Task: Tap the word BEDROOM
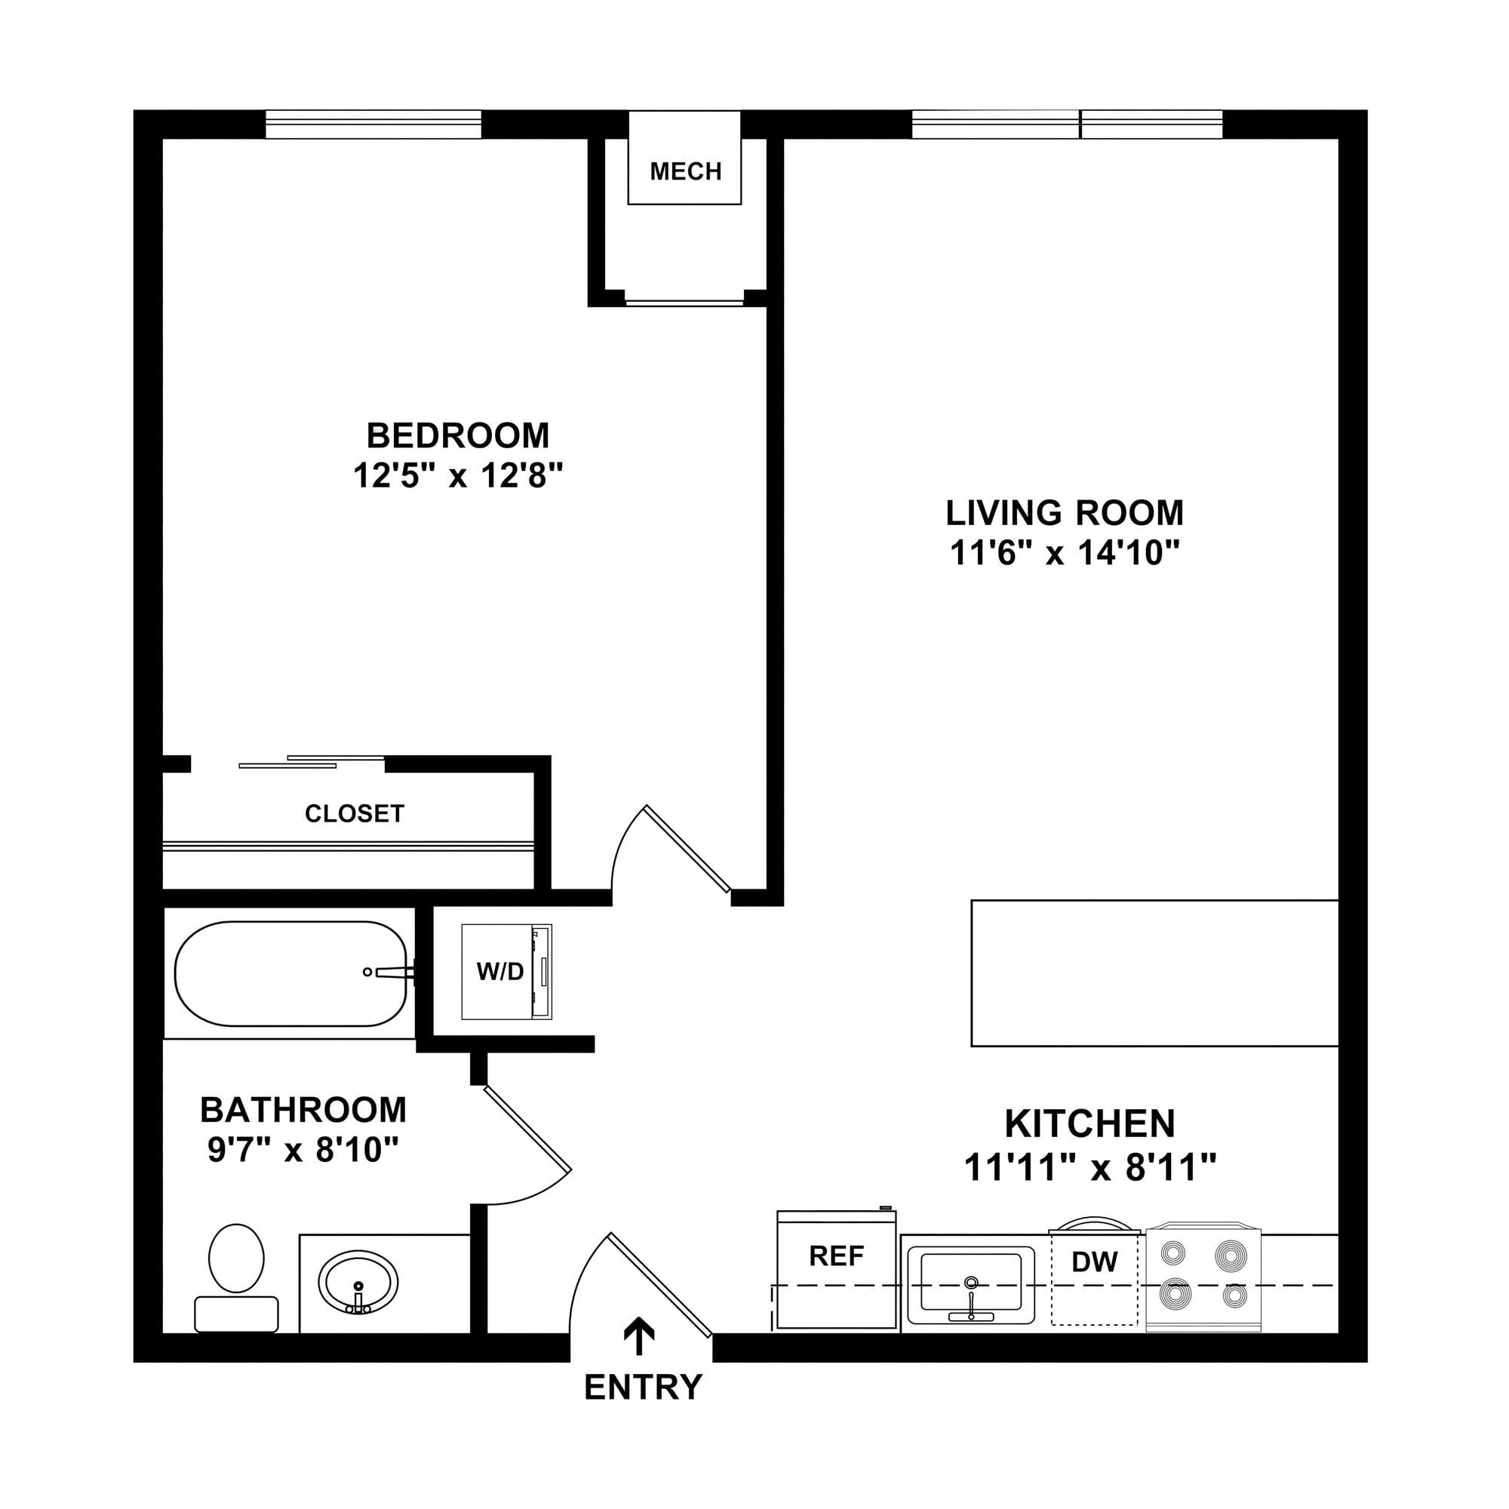pyautogui.click(x=458, y=436)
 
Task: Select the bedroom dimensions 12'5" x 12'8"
pyautogui.click(x=458, y=475)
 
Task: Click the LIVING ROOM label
pyautogui.click(x=1065, y=513)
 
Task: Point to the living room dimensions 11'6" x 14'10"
pyautogui.click(x=1065, y=553)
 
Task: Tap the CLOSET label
pyautogui.click(x=355, y=814)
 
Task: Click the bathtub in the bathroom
pyautogui.click(x=290, y=973)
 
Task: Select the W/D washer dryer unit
pyautogui.click(x=506, y=972)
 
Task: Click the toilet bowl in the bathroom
pyautogui.click(x=237, y=1259)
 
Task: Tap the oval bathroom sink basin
pyautogui.click(x=358, y=1283)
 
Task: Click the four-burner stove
pyautogui.click(x=1203, y=1278)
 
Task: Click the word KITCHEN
pyautogui.click(x=1089, y=1124)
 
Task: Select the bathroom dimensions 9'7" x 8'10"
pyautogui.click(x=303, y=1150)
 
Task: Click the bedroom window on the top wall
pyautogui.click(x=373, y=124)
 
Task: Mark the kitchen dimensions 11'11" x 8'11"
pyautogui.click(x=1089, y=1169)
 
